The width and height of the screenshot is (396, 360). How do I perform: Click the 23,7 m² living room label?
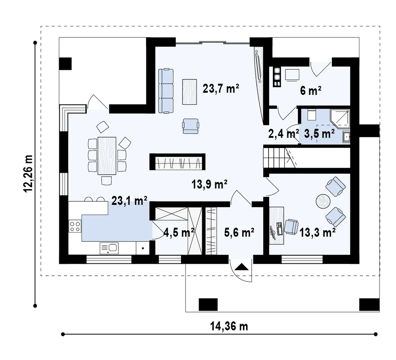coord(221,89)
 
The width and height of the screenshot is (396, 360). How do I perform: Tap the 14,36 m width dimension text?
coord(229,326)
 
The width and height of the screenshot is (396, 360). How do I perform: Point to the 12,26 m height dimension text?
coord(28,174)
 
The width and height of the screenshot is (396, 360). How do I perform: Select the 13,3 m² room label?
coord(318,232)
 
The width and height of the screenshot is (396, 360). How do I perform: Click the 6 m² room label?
coord(311,91)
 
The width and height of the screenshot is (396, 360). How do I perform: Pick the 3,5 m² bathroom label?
coord(320,133)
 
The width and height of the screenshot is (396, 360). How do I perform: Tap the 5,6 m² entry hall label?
coord(239,232)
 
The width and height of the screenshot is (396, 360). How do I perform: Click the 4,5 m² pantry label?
coord(179,232)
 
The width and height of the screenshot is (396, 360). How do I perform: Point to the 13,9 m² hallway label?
coord(210,184)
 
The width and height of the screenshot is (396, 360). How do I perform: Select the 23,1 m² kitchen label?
coord(129,201)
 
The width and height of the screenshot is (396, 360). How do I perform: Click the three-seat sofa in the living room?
coord(166,91)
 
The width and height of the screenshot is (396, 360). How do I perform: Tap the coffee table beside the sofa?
coord(189,92)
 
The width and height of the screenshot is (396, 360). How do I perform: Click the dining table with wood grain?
coord(107,156)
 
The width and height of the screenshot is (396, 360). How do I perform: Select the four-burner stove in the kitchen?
coord(75,226)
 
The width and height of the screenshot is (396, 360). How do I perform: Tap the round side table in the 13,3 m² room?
coord(323,201)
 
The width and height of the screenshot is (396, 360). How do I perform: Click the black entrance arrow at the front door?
coord(242,267)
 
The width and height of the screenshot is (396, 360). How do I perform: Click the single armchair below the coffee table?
coord(190,126)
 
